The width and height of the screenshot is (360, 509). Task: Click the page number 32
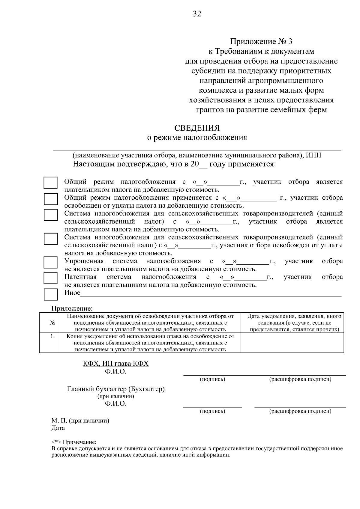click(x=197, y=14)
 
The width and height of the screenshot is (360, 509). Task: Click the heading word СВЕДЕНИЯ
click(x=197, y=128)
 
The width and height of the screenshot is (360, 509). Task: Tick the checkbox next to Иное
click(x=51, y=294)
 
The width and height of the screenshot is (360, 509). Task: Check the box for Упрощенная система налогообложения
click(x=51, y=262)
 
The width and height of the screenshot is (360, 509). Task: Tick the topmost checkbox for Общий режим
click(x=51, y=183)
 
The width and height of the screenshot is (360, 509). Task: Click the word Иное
click(x=72, y=293)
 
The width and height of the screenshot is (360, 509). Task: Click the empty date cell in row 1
click(x=292, y=343)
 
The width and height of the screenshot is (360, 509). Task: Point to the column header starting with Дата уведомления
click(x=294, y=323)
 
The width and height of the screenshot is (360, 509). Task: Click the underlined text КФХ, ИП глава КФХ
click(x=116, y=364)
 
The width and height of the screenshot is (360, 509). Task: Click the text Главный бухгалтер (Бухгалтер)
click(x=116, y=389)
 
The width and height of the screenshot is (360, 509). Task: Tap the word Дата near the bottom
click(x=58, y=428)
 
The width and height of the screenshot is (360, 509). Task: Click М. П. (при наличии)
click(x=80, y=421)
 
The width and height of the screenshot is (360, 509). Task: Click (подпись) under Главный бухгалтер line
click(x=212, y=411)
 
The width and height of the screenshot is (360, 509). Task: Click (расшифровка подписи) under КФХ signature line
click(x=300, y=380)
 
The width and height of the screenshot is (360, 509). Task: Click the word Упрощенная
click(x=84, y=261)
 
